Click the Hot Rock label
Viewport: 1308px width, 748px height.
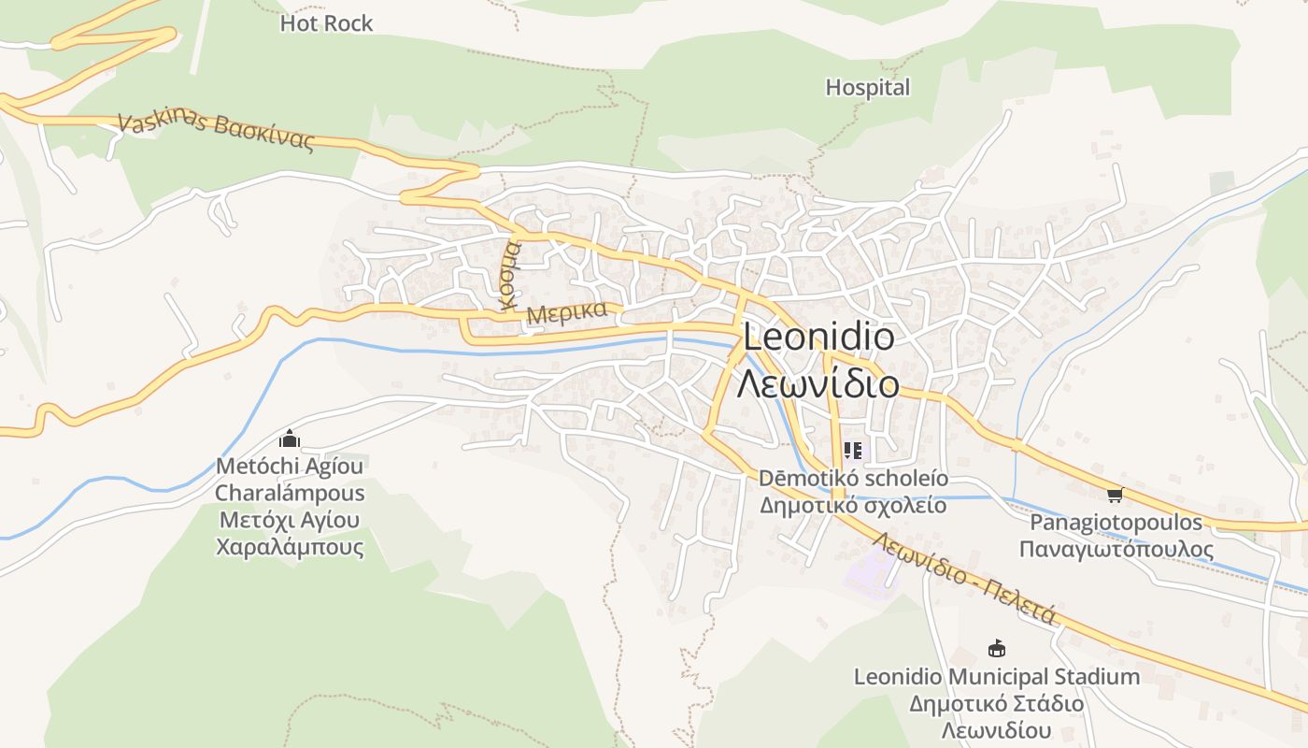pos(326,23)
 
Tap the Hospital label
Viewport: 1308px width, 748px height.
pos(867,88)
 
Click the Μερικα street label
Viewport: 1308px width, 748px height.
pos(567,312)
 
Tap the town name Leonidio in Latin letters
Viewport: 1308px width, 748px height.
pos(818,338)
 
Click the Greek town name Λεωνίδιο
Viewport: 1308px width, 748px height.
pos(818,383)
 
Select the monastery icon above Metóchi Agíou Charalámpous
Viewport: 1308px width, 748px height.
pos(290,439)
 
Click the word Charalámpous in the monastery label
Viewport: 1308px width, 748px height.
pos(290,493)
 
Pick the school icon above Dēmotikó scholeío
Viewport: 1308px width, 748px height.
pos(852,452)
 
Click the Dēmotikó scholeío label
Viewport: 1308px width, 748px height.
pos(853,479)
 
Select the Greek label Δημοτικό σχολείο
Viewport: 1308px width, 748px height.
pos(853,506)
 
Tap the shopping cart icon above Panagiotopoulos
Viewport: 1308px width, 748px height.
pos(1114,495)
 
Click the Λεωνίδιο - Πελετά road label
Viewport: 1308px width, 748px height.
pos(965,579)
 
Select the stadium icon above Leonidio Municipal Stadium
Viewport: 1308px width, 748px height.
pos(997,648)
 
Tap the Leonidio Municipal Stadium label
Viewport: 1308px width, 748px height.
pos(997,676)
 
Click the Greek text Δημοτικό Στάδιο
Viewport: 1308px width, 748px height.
pos(997,703)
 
